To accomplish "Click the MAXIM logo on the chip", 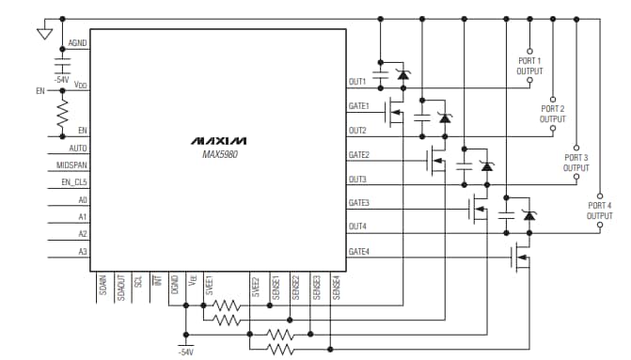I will tap(218, 140).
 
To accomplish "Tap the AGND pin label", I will tap(77, 44).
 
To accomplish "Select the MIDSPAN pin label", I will tap(72, 165).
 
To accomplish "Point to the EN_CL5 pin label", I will tap(72, 182).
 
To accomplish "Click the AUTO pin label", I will tap(78, 149).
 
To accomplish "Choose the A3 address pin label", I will tap(82, 251).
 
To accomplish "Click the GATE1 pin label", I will tap(358, 106).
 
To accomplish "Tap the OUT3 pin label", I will tap(357, 179).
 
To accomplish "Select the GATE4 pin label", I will tap(358, 251).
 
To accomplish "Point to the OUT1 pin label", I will tap(357, 82).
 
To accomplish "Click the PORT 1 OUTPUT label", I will tap(529, 66).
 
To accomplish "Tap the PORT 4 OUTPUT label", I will tap(599, 211).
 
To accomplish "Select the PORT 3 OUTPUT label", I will tap(576, 163).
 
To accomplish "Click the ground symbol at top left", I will tap(42, 35).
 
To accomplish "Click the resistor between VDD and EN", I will tap(63, 115).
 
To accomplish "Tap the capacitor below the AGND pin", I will tap(63, 66).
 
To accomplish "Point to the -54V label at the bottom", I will tap(185, 351).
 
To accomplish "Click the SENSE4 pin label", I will tap(336, 287).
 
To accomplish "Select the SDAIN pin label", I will tap(101, 283).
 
